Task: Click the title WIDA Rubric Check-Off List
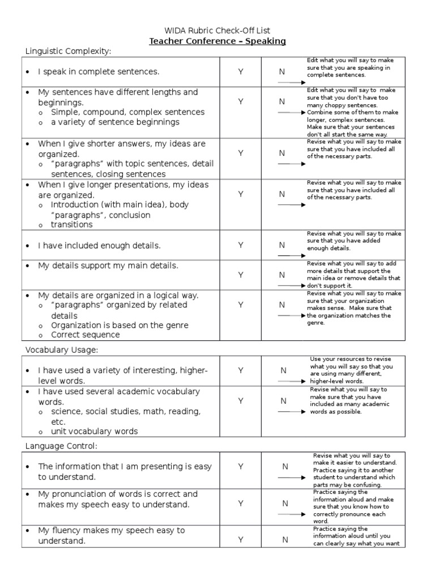pyautogui.click(x=217, y=30)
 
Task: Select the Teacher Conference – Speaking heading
pyautogui.click(x=217, y=41)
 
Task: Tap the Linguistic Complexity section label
pyautogui.click(x=69, y=52)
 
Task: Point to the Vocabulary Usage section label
pyautogui.click(x=62, y=350)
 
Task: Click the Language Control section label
pyautogui.click(x=61, y=446)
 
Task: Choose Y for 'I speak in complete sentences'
pyautogui.click(x=241, y=72)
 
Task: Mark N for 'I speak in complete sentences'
pyautogui.click(x=282, y=72)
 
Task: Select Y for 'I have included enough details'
pyautogui.click(x=241, y=245)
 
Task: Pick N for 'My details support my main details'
pyautogui.click(x=282, y=275)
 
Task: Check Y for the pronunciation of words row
pyautogui.click(x=241, y=503)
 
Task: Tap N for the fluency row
pyautogui.click(x=285, y=540)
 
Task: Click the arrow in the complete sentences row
pyautogui.click(x=291, y=83)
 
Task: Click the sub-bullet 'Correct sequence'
pyautogui.click(x=85, y=335)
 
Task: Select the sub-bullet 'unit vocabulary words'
pyautogui.click(x=94, y=431)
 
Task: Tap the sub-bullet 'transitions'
pyautogui.click(x=71, y=224)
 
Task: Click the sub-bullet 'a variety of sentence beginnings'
pyautogui.click(x=115, y=122)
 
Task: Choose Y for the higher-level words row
pyautogui.click(x=241, y=370)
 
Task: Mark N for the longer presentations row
pyautogui.click(x=282, y=194)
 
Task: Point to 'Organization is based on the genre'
pyautogui.click(x=120, y=325)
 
